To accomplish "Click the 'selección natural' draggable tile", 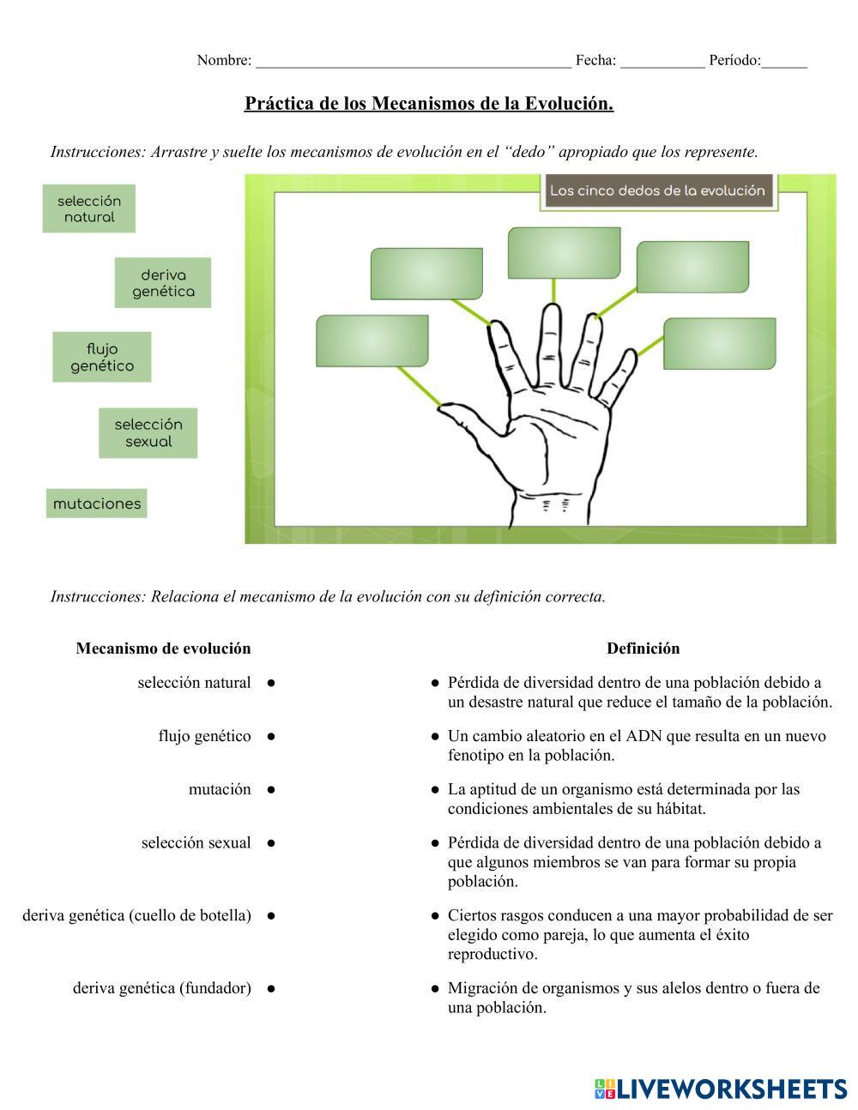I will click(x=89, y=208).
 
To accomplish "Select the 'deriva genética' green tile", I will click(x=163, y=283).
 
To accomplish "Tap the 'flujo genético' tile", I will click(x=102, y=357).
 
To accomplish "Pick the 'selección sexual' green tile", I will click(x=148, y=432).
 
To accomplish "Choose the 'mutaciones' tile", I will click(x=97, y=504).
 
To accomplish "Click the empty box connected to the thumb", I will click(x=372, y=341).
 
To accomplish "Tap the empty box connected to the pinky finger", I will click(x=719, y=343).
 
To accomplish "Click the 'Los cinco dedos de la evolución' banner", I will click(x=657, y=190).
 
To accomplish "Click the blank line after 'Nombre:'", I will click(x=413, y=61).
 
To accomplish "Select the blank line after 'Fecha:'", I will click(x=662, y=61).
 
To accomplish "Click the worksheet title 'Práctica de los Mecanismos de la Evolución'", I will click(x=429, y=104).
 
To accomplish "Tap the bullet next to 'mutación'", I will click(x=271, y=789).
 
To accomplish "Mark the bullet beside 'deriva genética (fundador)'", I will click(x=271, y=988).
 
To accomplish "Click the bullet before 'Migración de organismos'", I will click(x=435, y=988).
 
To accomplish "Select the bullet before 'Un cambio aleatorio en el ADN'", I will click(x=435, y=736).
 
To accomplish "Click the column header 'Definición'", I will click(x=643, y=649).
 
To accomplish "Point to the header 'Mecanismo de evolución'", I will click(x=163, y=649).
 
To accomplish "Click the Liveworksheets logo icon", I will click(x=604, y=1089).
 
